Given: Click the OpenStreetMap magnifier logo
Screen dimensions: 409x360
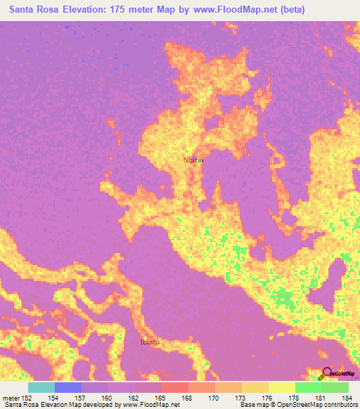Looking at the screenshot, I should tap(328, 374).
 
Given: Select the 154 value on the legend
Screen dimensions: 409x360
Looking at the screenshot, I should tap(54, 399).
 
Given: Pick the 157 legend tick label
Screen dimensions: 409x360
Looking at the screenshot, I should tap(81, 399).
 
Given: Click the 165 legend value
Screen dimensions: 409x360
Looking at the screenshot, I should tap(161, 399).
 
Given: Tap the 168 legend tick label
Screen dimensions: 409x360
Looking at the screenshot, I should tap(188, 399).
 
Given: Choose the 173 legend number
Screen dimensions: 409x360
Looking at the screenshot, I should tap(241, 399).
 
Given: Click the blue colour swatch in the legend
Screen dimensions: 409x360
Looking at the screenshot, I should tap(67, 387).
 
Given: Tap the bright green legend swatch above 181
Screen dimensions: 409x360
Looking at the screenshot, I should tap(308, 387).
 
